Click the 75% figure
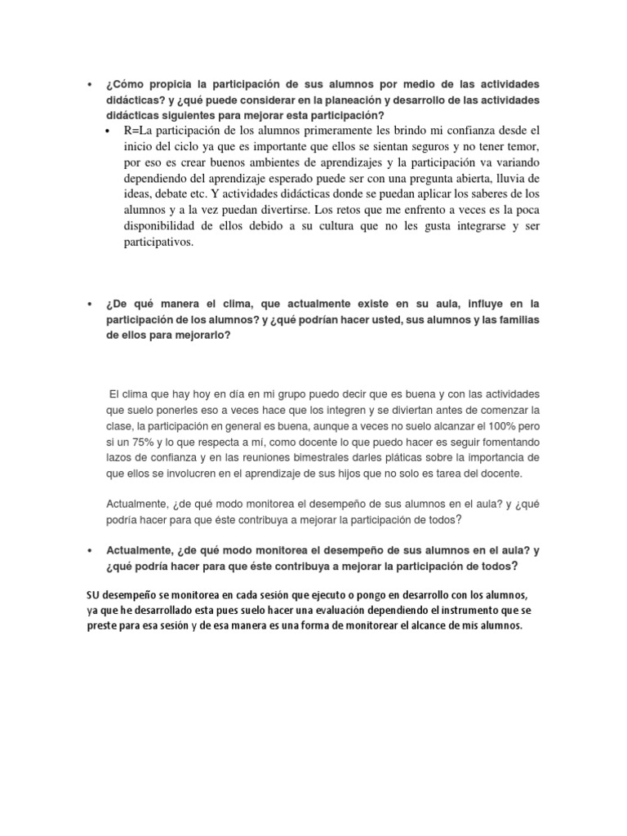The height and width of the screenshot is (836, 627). (146, 441)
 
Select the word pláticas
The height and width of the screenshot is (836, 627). (419, 457)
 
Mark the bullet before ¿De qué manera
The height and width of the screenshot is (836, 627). (88, 303)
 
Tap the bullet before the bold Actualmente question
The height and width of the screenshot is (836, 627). (88, 550)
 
